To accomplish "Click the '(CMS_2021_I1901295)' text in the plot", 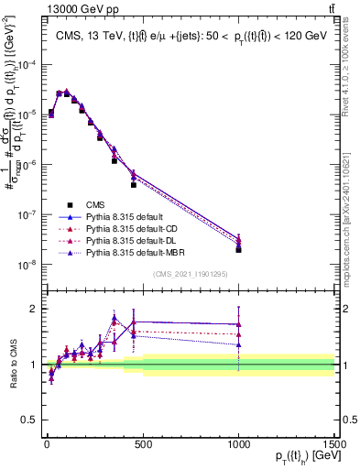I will [190, 275].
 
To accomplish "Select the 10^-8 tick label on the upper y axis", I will [26, 265].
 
